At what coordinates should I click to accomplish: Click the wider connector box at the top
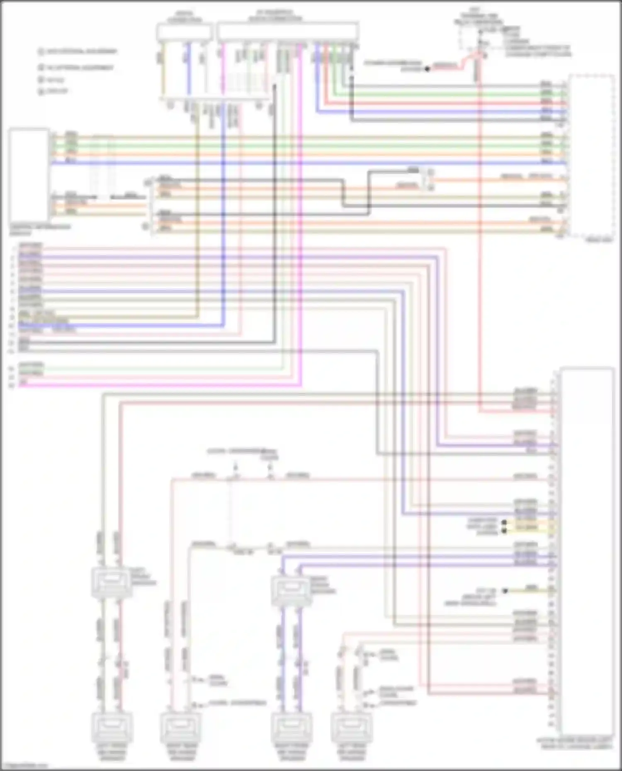[x=288, y=31]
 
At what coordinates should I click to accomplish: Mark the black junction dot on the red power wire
[x=428, y=69]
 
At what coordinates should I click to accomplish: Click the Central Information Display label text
[x=40, y=229]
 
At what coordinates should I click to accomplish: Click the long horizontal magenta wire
[x=158, y=385]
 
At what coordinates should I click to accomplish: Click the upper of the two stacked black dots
[x=505, y=522]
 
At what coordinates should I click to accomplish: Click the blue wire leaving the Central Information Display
[x=290, y=163]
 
